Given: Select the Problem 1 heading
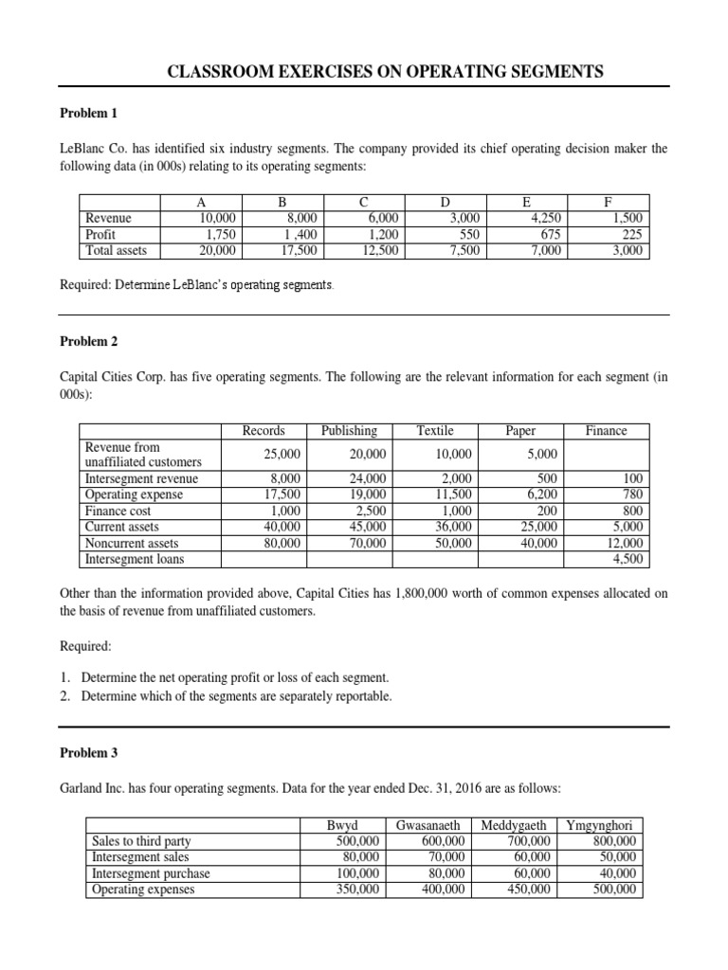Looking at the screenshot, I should [x=88, y=113].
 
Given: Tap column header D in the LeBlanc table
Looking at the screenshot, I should [x=445, y=202].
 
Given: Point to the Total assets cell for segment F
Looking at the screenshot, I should [x=628, y=250].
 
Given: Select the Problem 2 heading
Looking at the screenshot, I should [x=88, y=340].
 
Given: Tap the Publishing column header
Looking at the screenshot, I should [x=349, y=430].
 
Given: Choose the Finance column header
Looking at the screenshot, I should [x=606, y=430].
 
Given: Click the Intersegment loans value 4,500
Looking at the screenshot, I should [x=627, y=558].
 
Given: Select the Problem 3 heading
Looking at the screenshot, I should [x=88, y=754].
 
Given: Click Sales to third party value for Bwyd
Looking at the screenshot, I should [x=358, y=840].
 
